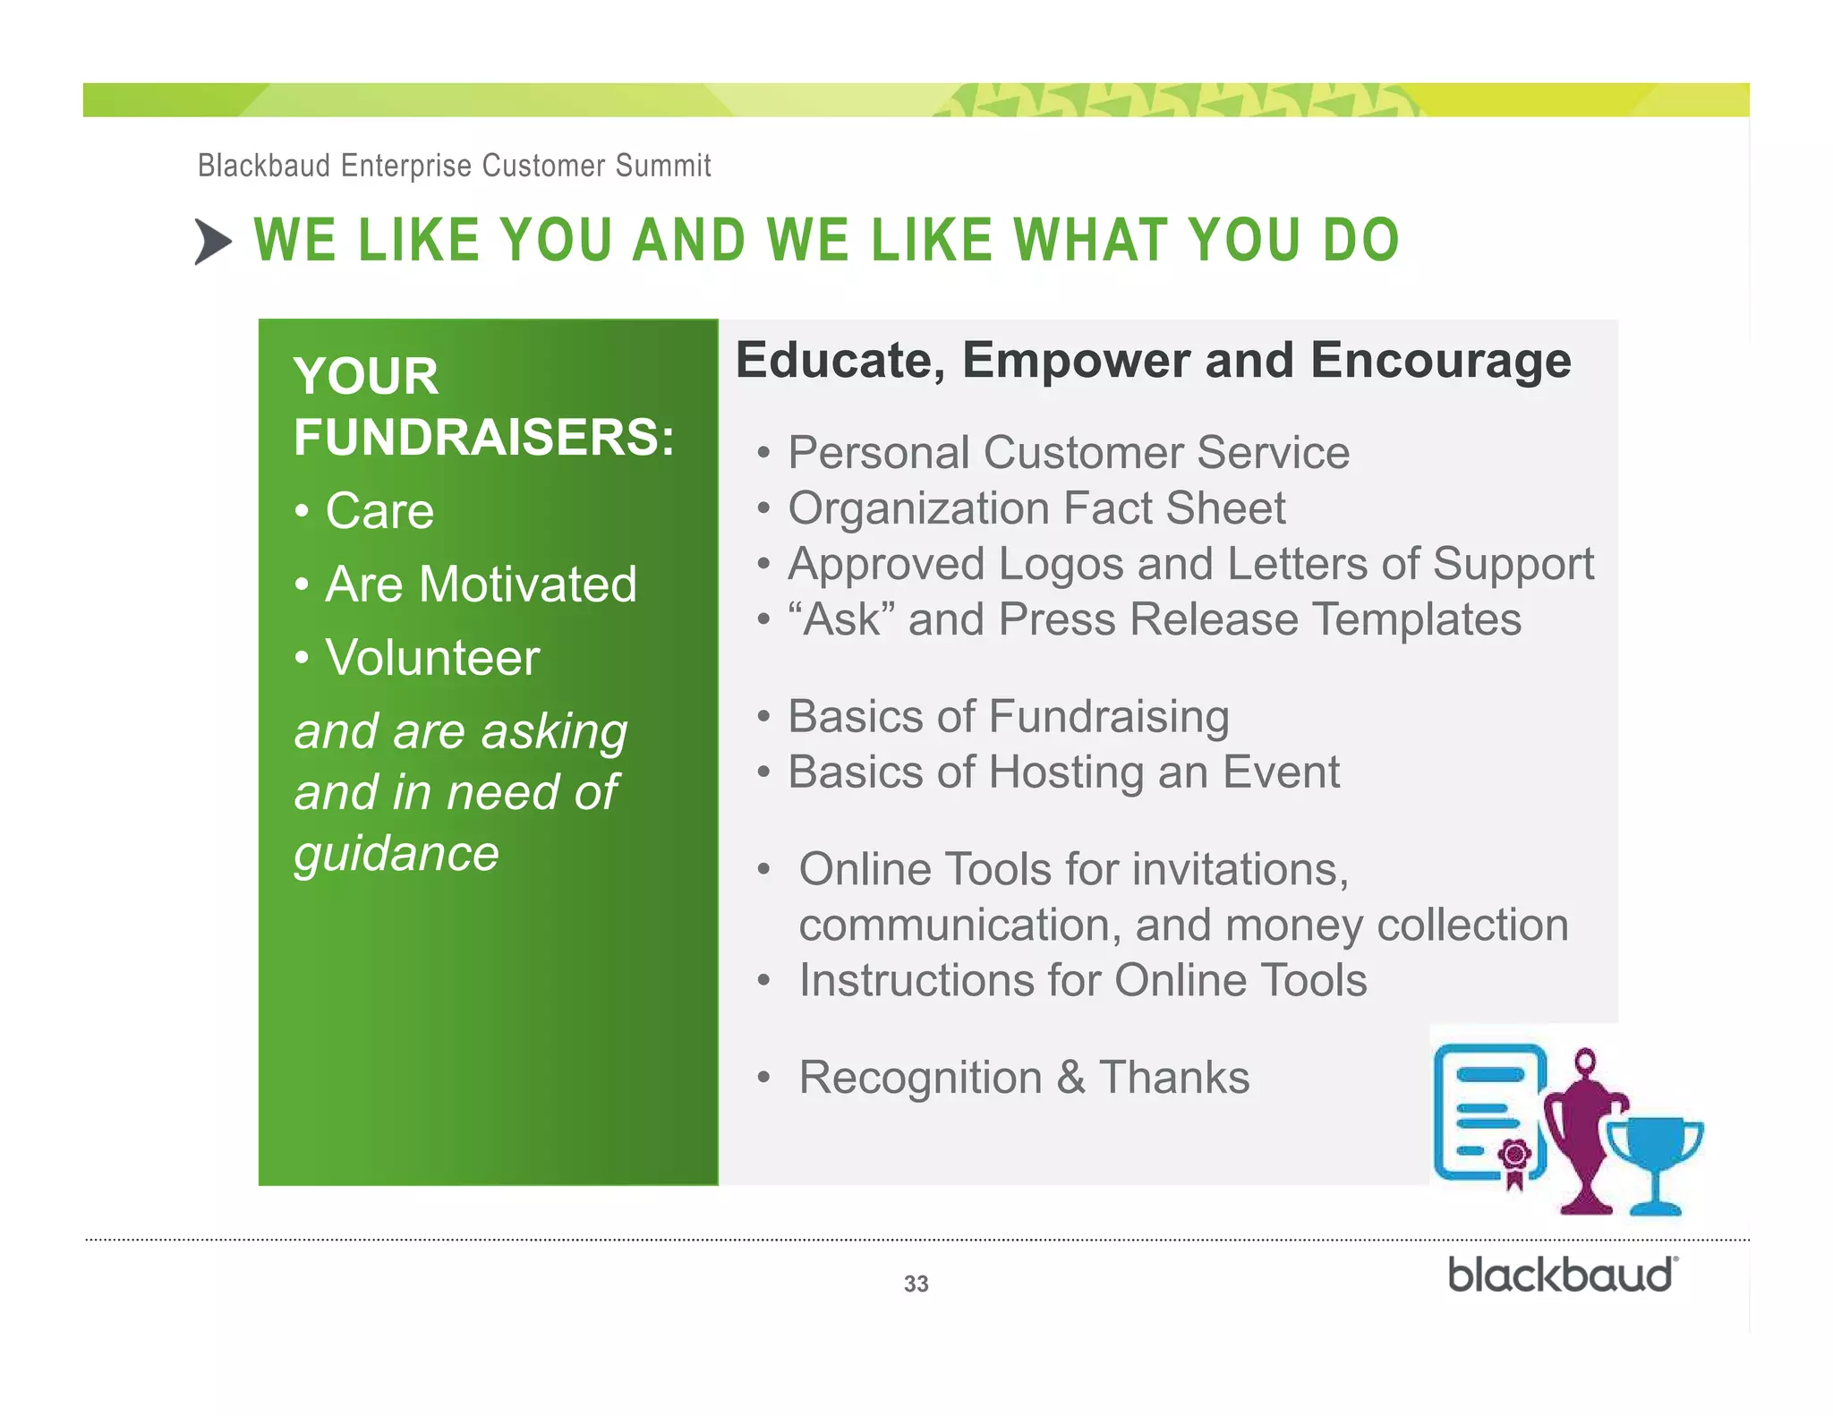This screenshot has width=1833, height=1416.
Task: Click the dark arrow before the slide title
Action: pyautogui.click(x=213, y=242)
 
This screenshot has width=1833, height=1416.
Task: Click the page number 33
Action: pyautogui.click(x=916, y=1284)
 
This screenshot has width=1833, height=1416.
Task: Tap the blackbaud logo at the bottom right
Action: pyautogui.click(x=1563, y=1275)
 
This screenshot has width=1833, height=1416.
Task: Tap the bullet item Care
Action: pyautogui.click(x=379, y=511)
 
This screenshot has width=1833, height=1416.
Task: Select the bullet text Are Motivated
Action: pyautogui.click(x=481, y=584)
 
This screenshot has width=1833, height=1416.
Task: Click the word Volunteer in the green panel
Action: pyautogui.click(x=432, y=658)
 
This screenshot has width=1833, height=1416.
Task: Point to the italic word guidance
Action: pyautogui.click(x=396, y=853)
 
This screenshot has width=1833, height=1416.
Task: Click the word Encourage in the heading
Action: pyautogui.click(x=1440, y=361)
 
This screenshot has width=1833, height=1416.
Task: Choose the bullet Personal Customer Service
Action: pyautogui.click(x=1068, y=452)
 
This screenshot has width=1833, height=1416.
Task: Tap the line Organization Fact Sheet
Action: pyautogui.click(x=1036, y=508)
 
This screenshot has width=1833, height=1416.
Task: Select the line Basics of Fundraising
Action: pyautogui.click(x=1008, y=716)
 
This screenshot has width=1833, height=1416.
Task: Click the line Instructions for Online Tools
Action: pyautogui.click(x=1082, y=980)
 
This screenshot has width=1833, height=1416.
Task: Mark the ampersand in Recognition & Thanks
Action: pyautogui.click(x=1070, y=1078)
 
